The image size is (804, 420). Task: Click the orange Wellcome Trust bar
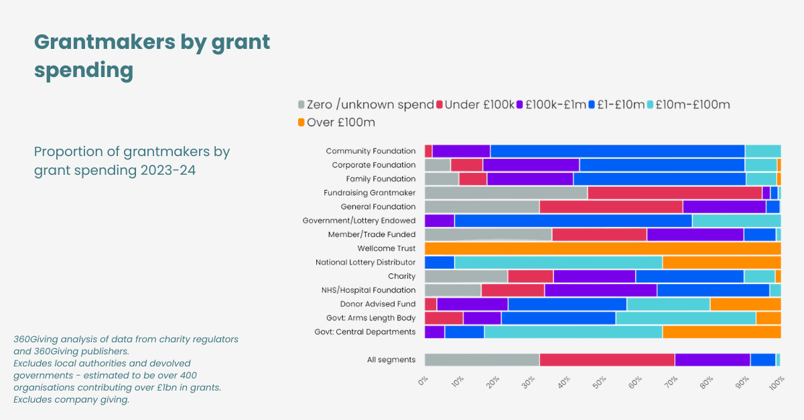(x=602, y=249)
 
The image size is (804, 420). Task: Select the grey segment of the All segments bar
(x=482, y=360)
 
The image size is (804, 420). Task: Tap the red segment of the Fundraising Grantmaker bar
(x=674, y=193)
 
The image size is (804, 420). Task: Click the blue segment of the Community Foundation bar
(x=617, y=151)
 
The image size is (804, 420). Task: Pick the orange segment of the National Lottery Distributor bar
(x=721, y=263)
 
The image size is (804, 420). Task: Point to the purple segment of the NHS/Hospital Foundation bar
(x=600, y=290)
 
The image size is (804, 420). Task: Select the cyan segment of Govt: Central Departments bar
(x=573, y=332)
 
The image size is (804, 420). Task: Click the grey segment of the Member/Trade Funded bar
(x=488, y=234)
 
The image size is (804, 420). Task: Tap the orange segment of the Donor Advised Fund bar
(x=745, y=304)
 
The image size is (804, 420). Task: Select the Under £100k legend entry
(x=479, y=104)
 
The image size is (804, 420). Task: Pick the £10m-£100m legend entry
(x=692, y=104)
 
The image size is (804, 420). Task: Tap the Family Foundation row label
(x=381, y=179)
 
